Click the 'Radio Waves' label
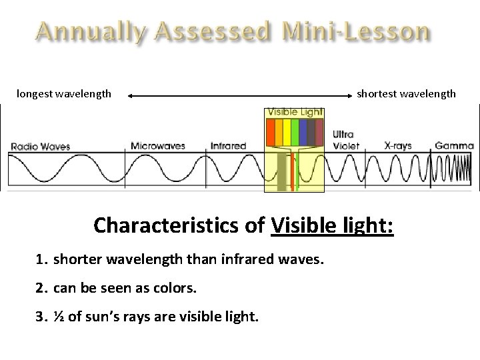point(40,146)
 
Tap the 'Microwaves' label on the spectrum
point(158,145)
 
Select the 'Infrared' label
point(228,145)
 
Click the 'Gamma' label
point(454,145)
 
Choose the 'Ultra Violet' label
point(345,140)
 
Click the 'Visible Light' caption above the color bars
point(295,112)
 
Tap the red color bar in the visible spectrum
point(271,132)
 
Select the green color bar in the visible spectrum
point(295,132)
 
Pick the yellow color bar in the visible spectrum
point(287,132)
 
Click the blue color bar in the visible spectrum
point(303,132)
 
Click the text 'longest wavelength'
point(64,93)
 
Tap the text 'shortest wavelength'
point(406,93)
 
